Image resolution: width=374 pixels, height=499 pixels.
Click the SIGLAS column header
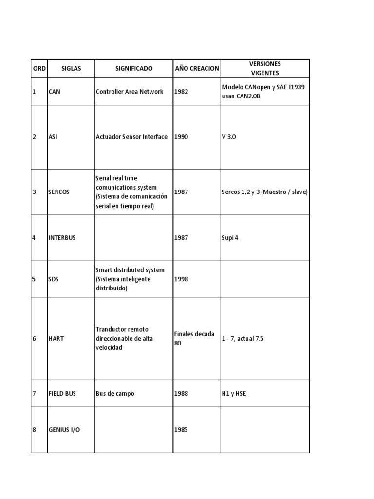point(71,69)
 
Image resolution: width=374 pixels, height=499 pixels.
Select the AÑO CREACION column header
point(197,69)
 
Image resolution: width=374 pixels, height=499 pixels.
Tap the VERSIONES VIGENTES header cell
point(265,69)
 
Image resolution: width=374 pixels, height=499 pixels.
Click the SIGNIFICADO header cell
point(134,69)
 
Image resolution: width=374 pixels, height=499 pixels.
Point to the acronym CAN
point(55,92)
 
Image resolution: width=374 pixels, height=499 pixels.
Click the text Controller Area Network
point(130,92)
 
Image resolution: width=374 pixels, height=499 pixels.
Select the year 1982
point(181,92)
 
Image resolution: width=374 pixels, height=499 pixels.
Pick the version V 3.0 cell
point(228,137)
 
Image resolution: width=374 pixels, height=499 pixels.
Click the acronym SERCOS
point(59,192)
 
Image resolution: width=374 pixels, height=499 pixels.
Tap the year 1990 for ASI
point(181,137)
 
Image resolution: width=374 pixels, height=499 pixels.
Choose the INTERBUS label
point(62,238)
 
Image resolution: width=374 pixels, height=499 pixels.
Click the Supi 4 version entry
point(230,238)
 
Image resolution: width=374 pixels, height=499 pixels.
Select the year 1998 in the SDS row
point(181,279)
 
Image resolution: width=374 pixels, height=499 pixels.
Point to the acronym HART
point(56,339)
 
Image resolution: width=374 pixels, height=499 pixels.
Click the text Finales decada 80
point(194,338)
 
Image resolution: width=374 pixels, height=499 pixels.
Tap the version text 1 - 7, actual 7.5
point(243,339)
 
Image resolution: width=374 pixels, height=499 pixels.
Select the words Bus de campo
point(115,394)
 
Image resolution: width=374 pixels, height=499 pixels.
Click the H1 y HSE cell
point(234,394)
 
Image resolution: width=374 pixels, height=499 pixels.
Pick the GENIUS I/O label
point(64,430)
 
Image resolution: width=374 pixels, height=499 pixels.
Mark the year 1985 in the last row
point(181,430)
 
